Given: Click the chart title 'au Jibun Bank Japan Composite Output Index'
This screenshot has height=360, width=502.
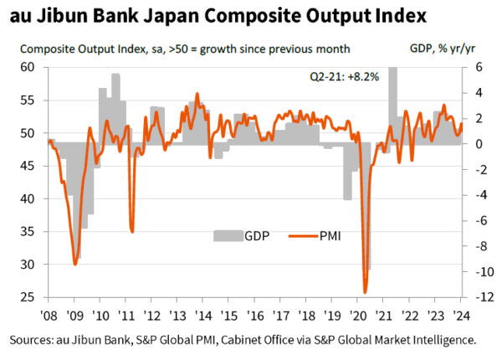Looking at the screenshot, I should click(x=217, y=16).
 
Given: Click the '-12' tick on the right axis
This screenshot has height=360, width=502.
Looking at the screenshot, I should click(x=474, y=297).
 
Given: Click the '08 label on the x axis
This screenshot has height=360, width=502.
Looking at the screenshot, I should click(x=49, y=315).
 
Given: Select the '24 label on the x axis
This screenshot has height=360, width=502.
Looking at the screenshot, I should click(x=459, y=315).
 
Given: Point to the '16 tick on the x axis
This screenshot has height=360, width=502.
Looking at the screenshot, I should click(x=254, y=315).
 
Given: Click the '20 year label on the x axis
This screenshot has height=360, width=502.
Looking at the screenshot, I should click(x=357, y=315).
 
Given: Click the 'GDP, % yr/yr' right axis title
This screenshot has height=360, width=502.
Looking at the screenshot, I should click(x=437, y=48).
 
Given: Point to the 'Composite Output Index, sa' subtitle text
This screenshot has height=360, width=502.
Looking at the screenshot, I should click(x=84, y=48).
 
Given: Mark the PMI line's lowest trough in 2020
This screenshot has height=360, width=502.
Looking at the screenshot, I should click(x=365, y=292).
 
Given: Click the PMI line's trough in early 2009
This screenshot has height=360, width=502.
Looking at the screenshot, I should click(x=75, y=264).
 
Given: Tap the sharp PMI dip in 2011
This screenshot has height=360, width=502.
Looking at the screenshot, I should click(x=131, y=231).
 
